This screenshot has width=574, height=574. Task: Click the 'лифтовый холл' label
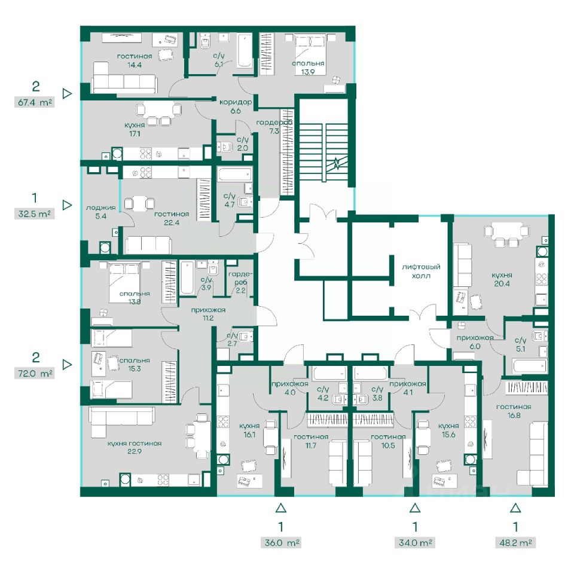tap(421, 271)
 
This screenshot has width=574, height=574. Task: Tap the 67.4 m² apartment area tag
tap(35, 102)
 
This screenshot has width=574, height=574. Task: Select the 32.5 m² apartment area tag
tap(35, 213)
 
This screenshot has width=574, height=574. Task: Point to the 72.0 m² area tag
tap(35, 374)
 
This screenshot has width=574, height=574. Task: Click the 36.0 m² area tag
tap(282, 542)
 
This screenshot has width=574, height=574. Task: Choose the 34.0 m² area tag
tap(415, 542)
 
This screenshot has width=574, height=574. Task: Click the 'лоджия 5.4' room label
tap(100, 212)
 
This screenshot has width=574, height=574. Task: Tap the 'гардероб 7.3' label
tap(274, 127)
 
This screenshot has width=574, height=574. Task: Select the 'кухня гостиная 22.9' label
tap(135, 447)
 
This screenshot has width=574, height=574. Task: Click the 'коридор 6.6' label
tap(236, 106)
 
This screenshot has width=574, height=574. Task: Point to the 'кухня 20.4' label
tap(502, 279)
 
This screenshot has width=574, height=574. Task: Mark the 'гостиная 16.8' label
tap(514, 411)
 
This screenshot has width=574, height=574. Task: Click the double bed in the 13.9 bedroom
tap(310, 54)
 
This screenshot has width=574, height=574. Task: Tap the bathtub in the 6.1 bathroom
tap(244, 51)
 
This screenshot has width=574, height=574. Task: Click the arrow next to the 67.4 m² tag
tap(67, 93)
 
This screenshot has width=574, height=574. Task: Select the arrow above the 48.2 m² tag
tap(515, 508)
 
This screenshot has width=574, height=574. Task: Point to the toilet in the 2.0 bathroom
tap(225, 147)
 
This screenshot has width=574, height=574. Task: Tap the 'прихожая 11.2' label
tap(208, 314)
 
